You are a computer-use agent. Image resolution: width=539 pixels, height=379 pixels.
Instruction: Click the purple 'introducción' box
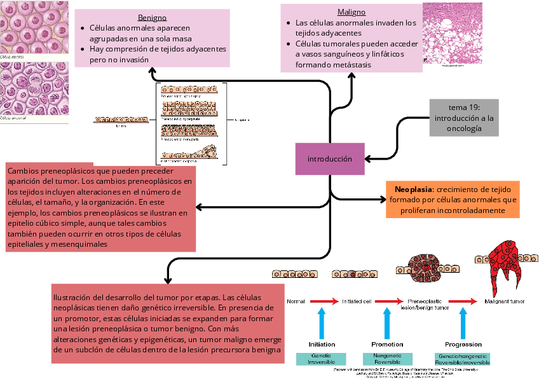pyautogui.click(x=330, y=159)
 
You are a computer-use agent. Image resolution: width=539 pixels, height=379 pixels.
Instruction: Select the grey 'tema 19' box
pyautogui.click(x=464, y=118)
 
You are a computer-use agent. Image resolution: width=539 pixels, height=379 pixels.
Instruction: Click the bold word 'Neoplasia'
pyautogui.click(x=414, y=190)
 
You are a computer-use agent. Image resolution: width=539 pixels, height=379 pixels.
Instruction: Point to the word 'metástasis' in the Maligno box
pyautogui.click(x=349, y=65)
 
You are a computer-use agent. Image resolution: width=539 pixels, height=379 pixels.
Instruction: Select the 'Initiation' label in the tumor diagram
pyautogui.click(x=322, y=344)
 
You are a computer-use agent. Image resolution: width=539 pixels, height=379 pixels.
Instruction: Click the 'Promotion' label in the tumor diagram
pyautogui.click(x=387, y=344)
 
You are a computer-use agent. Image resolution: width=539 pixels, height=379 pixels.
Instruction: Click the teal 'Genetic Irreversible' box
pyautogui.click(x=322, y=359)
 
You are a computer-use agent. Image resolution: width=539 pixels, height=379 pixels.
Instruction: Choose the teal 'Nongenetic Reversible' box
pyautogui.click(x=387, y=359)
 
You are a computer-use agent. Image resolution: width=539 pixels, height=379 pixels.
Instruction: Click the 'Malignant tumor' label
pyautogui.click(x=505, y=301)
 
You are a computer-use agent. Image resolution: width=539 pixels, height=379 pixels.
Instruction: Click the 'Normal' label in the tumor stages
pyautogui.click(x=296, y=301)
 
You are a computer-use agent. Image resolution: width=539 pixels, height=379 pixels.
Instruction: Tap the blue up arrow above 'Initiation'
pyautogui.click(x=322, y=322)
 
